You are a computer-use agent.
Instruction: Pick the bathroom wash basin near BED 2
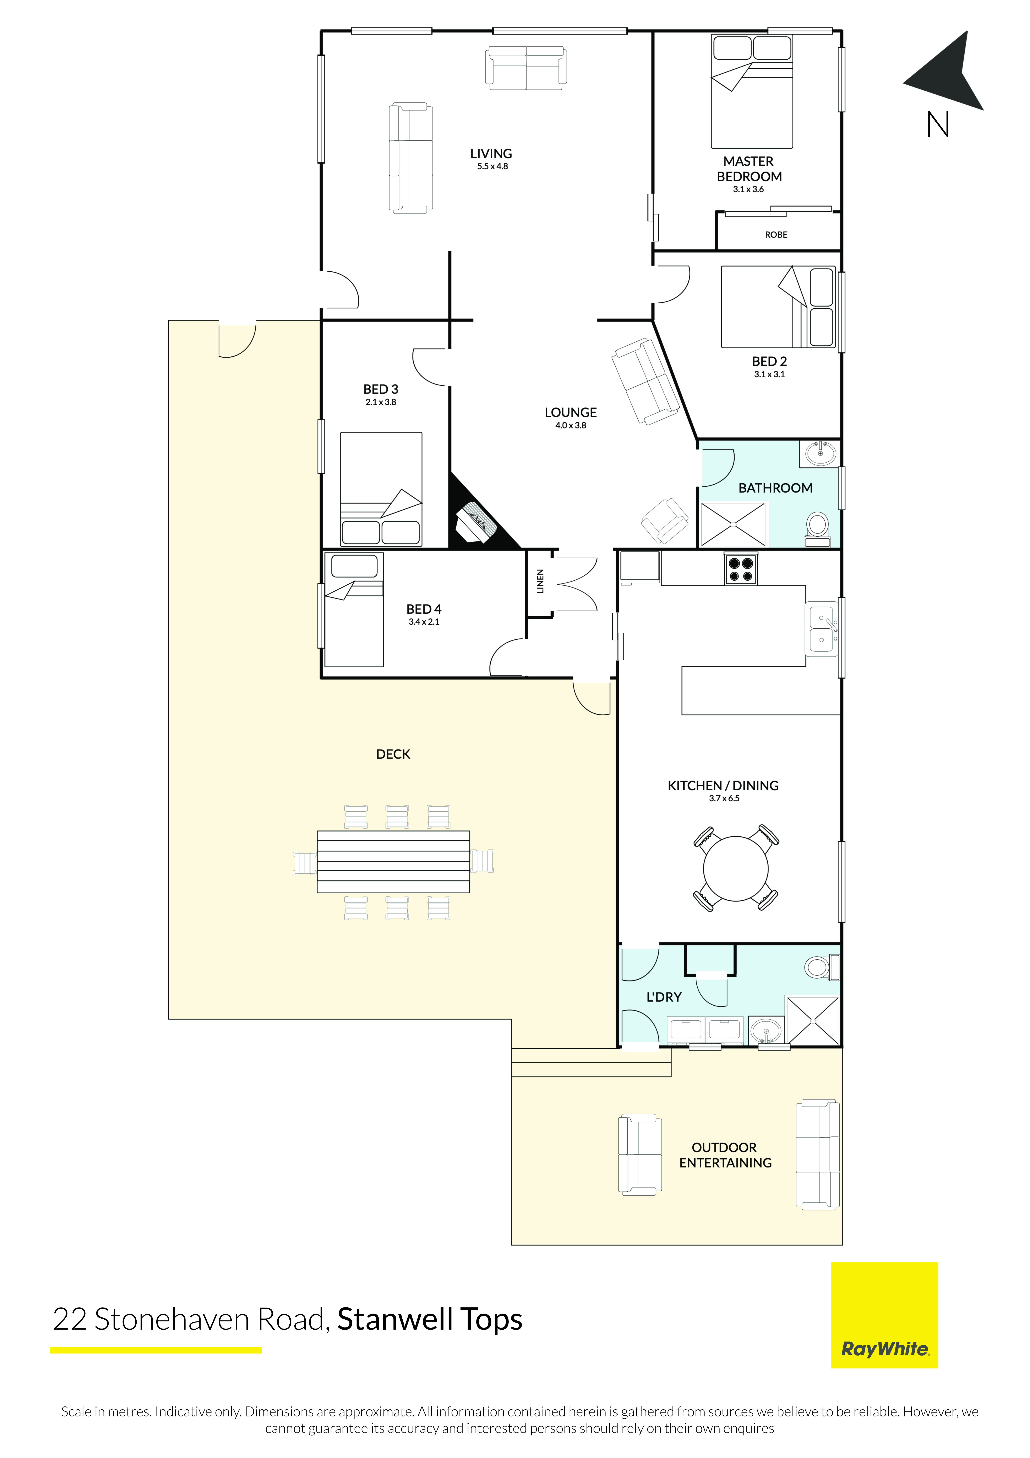tap(821, 453)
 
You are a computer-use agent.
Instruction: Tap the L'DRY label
tap(664, 997)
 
